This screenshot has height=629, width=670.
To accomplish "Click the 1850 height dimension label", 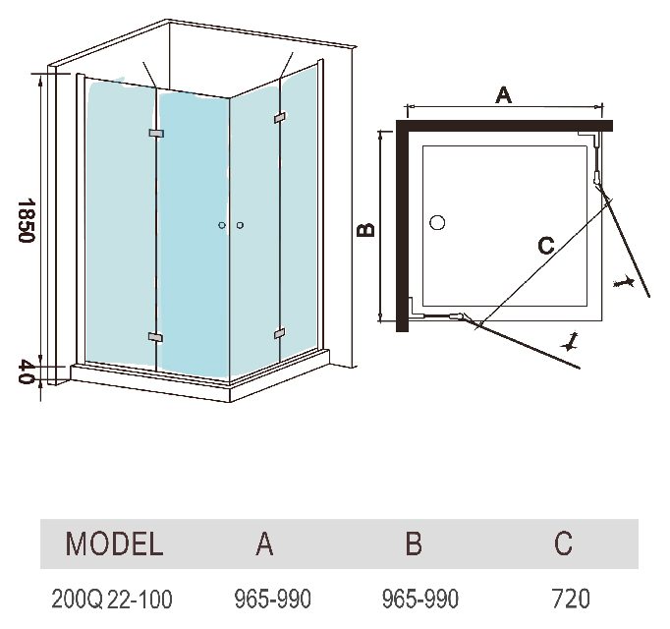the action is coord(27,220).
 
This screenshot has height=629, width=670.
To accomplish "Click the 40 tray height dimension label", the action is coord(27,372).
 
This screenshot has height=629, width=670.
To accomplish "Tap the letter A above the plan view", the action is coord(503,94).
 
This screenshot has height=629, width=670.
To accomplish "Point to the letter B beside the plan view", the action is coord(365,230).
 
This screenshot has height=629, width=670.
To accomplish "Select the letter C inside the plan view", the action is coord(546,246).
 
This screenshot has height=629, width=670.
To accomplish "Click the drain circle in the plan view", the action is coord(437,223).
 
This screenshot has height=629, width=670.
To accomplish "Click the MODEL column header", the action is coord(114,543).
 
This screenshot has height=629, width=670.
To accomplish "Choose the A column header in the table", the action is coord(264,543).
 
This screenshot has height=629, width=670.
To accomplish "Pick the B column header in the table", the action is coord(414,543).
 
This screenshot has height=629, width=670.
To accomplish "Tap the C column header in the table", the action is coord(563,543).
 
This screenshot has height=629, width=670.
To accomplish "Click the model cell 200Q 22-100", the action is coord(112,599).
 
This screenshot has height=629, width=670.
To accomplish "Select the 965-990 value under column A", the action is coord(272,599).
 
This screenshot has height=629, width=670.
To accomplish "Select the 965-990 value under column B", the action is coord(420,599).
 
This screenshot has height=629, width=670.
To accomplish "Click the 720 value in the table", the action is coord(572,599).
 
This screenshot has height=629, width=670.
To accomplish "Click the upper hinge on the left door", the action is coord(156,134).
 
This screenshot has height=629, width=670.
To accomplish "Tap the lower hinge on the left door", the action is coord(155,337).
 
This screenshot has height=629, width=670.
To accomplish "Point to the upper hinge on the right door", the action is coord(280,117).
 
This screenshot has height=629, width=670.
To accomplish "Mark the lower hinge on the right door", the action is coord(279,332).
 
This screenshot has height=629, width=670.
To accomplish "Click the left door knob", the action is coord(222,225).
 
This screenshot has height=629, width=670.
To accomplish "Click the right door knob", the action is coord(240,225).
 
